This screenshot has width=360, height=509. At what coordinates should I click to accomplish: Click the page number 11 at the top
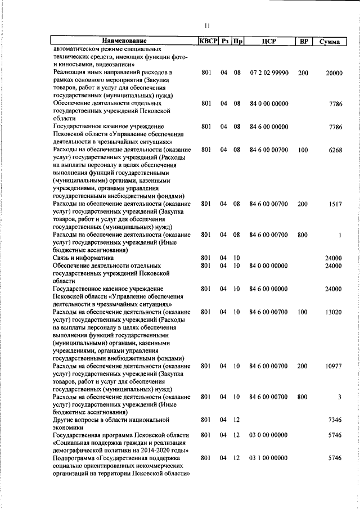coord(208,26)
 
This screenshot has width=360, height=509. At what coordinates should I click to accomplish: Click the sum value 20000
coord(334,74)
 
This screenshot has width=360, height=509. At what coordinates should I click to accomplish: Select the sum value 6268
coord(335,150)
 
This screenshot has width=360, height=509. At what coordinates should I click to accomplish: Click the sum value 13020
coord(334,312)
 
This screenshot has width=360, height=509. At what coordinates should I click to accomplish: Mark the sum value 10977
coord(334,366)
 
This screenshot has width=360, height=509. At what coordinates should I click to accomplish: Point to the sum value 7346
coord(335,420)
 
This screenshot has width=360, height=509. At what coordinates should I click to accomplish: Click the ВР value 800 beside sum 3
coord(303,397)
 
